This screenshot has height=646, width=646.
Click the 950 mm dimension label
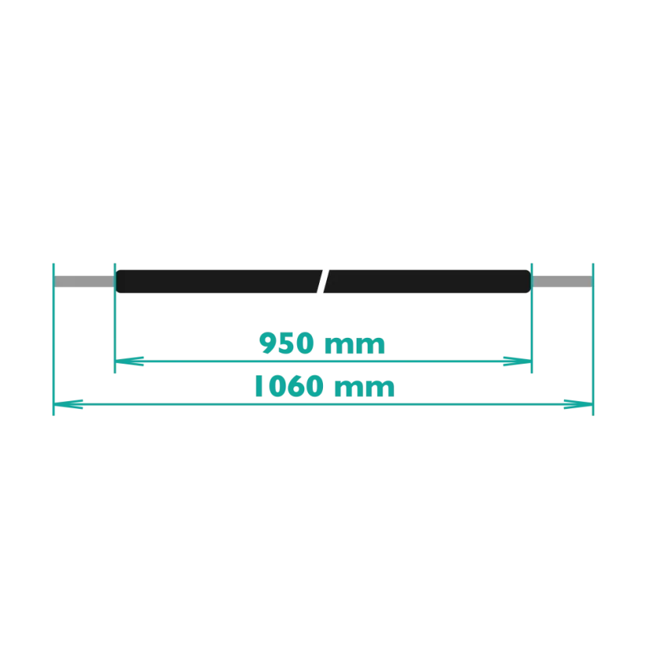point(322,343)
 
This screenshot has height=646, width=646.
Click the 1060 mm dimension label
point(325,386)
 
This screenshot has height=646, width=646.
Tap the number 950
point(287,343)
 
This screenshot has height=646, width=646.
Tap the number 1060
point(289,386)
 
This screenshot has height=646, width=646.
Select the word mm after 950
point(355,345)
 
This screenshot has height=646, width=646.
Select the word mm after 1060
point(364,388)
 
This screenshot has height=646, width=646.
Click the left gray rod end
point(84,282)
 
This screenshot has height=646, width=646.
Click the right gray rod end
point(562,282)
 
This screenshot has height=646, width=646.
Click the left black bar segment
point(217,282)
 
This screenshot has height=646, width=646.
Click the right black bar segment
point(428,282)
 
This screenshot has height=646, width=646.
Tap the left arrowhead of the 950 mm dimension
point(129,361)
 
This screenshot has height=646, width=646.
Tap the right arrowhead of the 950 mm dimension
point(518,361)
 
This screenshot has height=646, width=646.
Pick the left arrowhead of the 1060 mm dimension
point(68,404)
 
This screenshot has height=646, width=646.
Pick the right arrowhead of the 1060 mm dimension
point(579,404)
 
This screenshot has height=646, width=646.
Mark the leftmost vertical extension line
point(53,339)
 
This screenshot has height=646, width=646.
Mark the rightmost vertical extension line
point(594,339)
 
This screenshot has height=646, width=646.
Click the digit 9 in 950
point(267,343)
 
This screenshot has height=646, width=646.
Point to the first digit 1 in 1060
point(259,386)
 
